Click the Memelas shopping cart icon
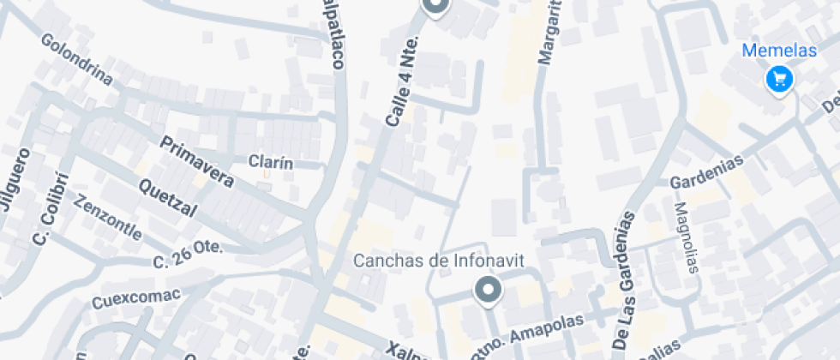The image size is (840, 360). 779,80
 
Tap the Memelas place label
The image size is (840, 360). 779,51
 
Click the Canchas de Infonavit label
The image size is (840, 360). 439,260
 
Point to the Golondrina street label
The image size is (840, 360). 76,60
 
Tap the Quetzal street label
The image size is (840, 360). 168,198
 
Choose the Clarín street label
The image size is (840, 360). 271,162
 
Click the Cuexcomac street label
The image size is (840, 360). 136,298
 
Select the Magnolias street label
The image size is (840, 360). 686,237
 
